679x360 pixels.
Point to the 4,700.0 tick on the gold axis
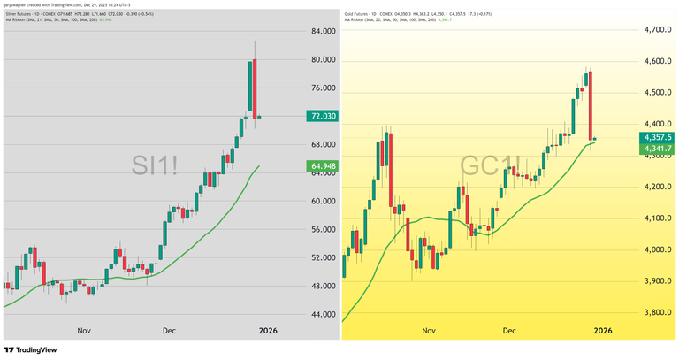coord(657,29)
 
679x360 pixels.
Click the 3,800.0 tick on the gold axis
coord(657,312)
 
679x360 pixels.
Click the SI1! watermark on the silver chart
coord(155,165)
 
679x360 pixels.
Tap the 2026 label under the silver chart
coord(268,330)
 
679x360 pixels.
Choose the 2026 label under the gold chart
coord(603,330)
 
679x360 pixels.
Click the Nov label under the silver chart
coord(85,330)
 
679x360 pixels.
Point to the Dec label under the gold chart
coord(509,330)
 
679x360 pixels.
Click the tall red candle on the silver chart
coord(253,88)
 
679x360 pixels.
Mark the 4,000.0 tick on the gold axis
coord(657,249)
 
